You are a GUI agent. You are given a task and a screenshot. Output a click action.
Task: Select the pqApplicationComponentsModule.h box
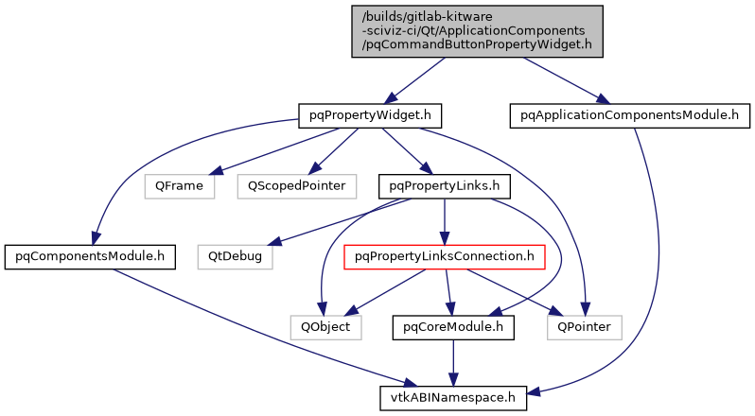click(x=629, y=115)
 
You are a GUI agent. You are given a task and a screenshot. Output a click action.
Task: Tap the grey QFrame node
click(x=179, y=185)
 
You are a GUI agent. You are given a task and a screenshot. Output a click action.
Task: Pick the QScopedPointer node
click(x=296, y=185)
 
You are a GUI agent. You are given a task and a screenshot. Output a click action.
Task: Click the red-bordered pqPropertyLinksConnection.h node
click(x=445, y=255)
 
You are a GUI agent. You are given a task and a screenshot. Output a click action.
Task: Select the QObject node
click(x=325, y=327)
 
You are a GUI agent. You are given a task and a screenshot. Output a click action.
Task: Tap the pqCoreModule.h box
click(x=453, y=327)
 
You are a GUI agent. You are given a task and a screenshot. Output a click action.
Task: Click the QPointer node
click(x=585, y=327)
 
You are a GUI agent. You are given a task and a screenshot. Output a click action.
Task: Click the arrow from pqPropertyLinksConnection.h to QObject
click(x=383, y=292)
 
